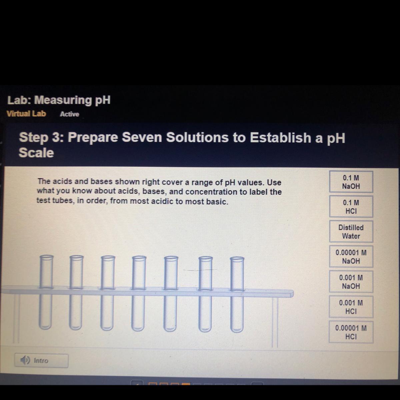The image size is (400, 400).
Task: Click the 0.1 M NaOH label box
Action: (x=351, y=182)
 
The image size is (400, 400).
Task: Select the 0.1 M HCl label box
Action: (x=351, y=207)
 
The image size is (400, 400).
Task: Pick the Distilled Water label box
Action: (x=351, y=232)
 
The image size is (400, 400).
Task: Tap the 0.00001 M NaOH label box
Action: (x=351, y=257)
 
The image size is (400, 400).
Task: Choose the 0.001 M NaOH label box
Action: (x=351, y=282)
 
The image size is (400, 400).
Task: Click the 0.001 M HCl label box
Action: (x=351, y=307)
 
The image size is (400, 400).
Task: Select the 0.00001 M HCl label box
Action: (x=351, y=332)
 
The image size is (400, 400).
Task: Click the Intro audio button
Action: (x=41, y=361)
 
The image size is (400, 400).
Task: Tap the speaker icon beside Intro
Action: (x=25, y=360)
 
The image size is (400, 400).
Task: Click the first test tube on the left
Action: (x=46, y=292)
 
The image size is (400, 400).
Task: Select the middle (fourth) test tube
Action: (x=139, y=293)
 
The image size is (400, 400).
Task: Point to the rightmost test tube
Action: (x=237, y=294)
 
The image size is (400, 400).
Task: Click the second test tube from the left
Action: (x=76, y=292)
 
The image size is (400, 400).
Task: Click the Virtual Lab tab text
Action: (x=26, y=114)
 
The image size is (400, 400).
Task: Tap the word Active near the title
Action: (x=70, y=114)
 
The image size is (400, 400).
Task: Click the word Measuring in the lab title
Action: (x=63, y=100)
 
